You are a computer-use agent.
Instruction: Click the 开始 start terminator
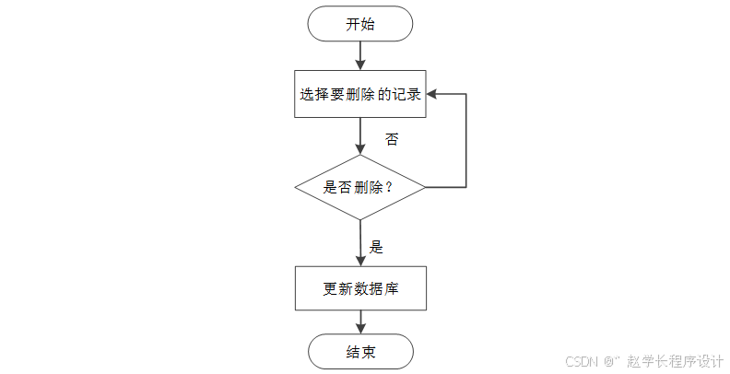pyautogui.click(x=359, y=25)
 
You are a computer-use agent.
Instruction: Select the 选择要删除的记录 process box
pyautogui.click(x=359, y=94)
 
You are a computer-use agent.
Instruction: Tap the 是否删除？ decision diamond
pyautogui.click(x=359, y=187)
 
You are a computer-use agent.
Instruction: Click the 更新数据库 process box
pyautogui.click(x=359, y=288)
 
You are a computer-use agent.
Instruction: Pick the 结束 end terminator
pyautogui.click(x=359, y=351)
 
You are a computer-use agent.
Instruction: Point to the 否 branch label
pyautogui.click(x=392, y=140)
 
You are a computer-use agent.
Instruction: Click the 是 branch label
pyautogui.click(x=376, y=247)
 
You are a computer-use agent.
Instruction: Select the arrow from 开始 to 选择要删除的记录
pyautogui.click(x=359, y=55)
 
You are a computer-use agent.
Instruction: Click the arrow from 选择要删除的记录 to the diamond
pyautogui.click(x=359, y=135)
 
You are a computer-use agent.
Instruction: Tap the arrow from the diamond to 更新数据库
pyautogui.click(x=359, y=241)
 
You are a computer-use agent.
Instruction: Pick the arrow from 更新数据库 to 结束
pyautogui.click(x=359, y=321)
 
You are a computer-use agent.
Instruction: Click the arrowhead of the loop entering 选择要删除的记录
pyautogui.click(x=431, y=94)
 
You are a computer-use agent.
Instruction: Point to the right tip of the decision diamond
pyautogui.click(x=424, y=187)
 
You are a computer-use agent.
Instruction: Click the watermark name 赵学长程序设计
pyautogui.click(x=674, y=361)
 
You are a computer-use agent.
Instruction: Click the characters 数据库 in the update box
pyautogui.click(x=379, y=288)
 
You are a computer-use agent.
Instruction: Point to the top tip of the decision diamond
pyautogui.click(x=359, y=155)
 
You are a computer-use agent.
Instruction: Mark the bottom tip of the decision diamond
pyautogui.click(x=359, y=219)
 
